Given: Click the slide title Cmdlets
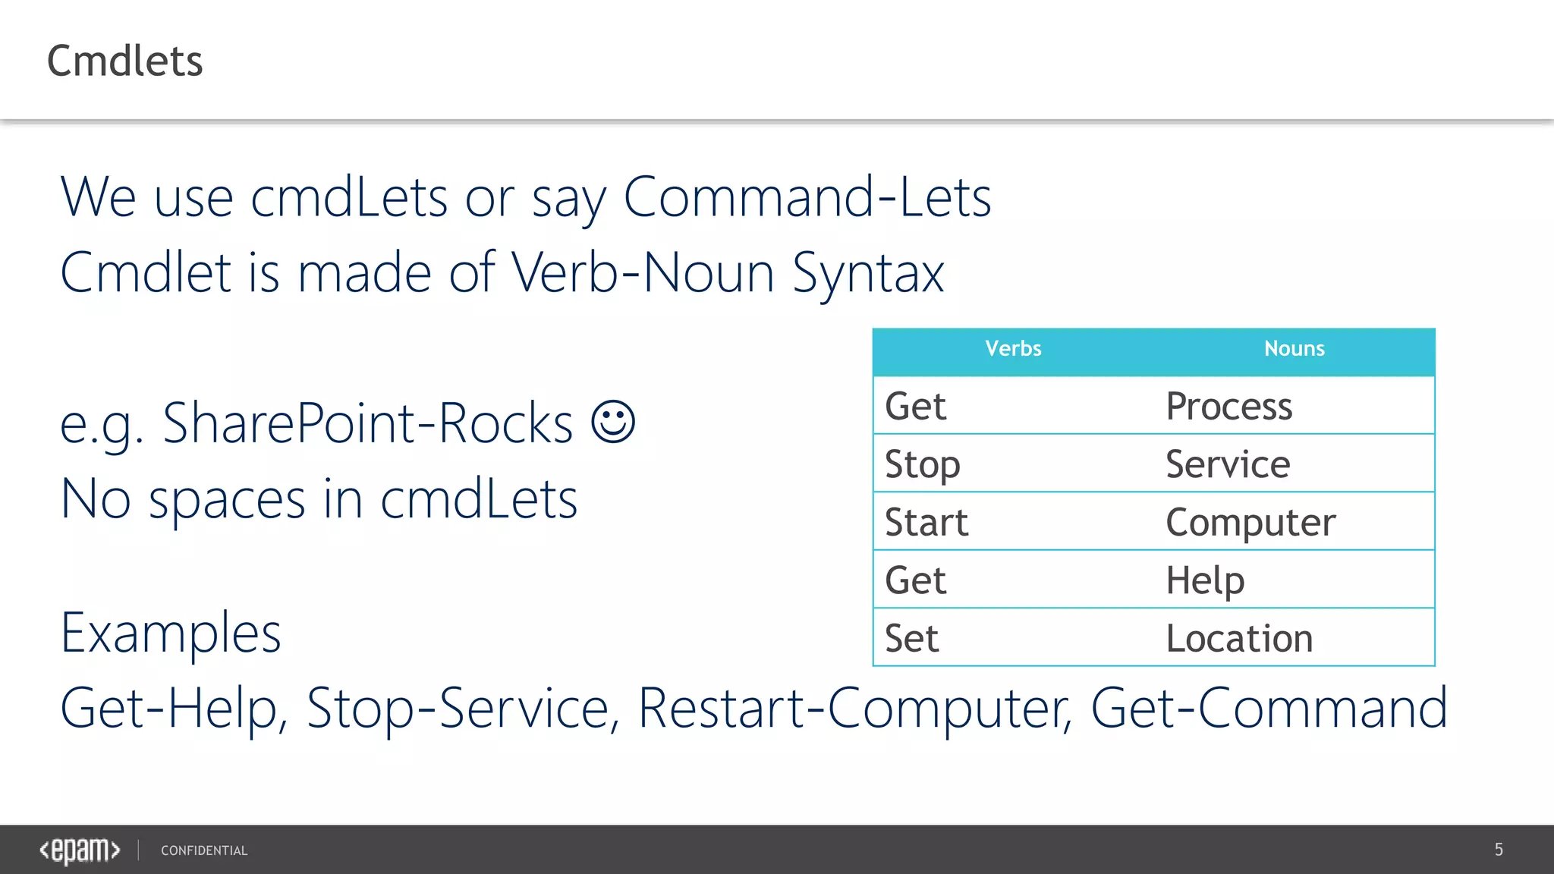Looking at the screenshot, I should pos(125,61).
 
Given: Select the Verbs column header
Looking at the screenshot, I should pos(1013,348).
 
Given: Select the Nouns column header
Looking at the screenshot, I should pos(1294,348).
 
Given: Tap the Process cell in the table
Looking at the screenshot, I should pos(1228,406).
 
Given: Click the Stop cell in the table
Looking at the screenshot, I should pos(922,464).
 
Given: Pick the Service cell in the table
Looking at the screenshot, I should pos(1227,464).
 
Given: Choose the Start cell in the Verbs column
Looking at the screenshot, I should pos(926,522).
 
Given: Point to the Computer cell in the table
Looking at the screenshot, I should pos(1250,522).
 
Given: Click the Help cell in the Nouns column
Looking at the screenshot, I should pos(1205,580).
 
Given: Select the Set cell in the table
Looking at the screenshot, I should pos(911,638).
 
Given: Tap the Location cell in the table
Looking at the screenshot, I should pos(1238,638).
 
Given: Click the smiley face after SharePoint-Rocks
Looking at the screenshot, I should pos(613,422).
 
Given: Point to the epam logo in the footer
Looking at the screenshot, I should pos(80,850).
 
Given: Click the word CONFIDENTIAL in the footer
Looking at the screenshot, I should pos(204,850).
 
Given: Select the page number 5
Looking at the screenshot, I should pos(1499,850).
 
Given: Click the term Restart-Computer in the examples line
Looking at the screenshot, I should pos(854,708).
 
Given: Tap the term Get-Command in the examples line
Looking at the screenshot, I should pos(1269,708).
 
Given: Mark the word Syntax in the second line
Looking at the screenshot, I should pos(868,273).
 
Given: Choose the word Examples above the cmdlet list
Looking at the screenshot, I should pos(171,633).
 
